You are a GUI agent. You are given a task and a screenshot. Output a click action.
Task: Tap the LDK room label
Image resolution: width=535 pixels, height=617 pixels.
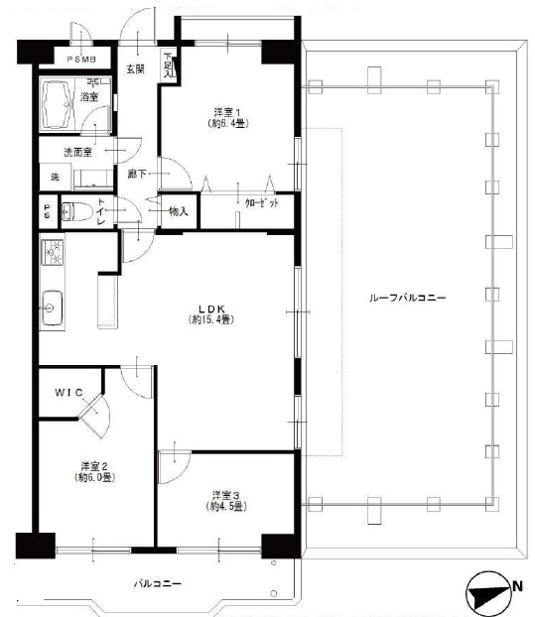click(212, 313)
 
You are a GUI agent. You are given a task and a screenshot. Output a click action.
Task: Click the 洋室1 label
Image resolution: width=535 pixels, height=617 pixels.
click(226, 117)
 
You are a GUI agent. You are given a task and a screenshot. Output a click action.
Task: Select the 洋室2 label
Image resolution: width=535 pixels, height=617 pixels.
click(95, 471)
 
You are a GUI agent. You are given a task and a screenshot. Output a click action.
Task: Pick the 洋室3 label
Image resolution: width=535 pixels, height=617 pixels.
click(226, 500)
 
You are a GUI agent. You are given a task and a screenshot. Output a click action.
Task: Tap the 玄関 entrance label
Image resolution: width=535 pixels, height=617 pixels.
click(135, 68)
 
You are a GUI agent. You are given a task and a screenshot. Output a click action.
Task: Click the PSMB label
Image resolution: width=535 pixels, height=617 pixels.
click(81, 59)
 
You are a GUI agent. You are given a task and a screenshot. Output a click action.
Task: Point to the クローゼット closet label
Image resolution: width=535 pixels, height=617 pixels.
click(261, 201)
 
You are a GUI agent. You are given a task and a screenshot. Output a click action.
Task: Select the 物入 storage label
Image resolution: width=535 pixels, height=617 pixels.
click(179, 210)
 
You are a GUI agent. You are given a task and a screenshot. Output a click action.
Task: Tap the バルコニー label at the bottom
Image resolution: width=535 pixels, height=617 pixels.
click(159, 583)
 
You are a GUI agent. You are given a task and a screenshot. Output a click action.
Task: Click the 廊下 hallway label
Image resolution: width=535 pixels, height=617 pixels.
click(137, 174)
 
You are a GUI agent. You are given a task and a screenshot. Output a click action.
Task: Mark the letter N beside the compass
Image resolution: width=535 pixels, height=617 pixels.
click(518, 586)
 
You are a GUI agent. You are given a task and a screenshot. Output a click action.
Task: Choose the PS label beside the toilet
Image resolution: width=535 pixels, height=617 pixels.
click(47, 210)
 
